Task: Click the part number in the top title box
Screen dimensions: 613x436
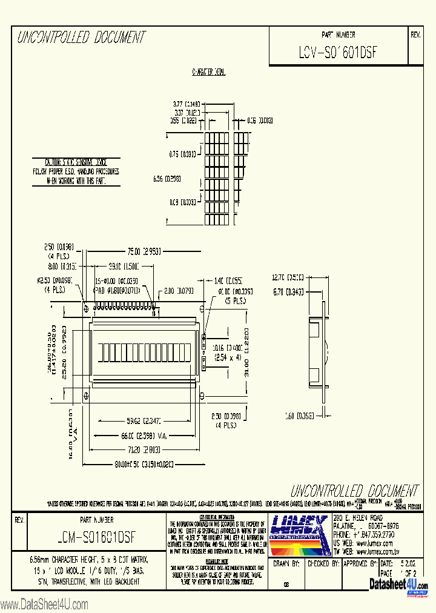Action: [x=338, y=52]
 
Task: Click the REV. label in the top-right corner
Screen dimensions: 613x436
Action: [x=415, y=35]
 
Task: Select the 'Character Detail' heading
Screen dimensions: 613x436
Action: [x=208, y=72]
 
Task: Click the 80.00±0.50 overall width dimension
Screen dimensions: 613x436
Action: [x=145, y=464]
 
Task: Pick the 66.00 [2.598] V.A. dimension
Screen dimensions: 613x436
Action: [x=142, y=436]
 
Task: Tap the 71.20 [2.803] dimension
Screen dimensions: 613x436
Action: [x=143, y=450]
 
